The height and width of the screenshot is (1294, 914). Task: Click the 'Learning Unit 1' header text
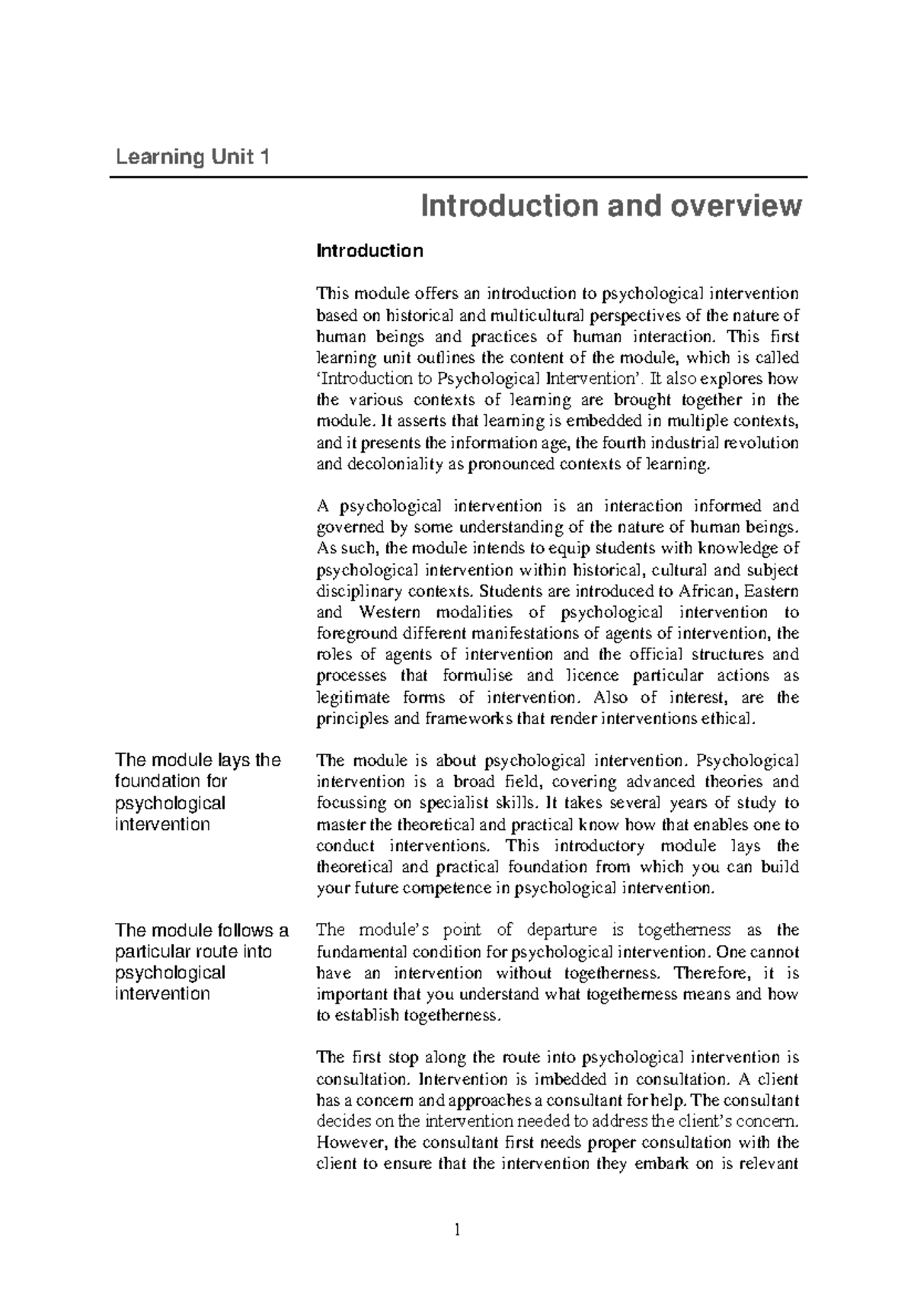192,158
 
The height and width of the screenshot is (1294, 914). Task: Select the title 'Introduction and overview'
612,206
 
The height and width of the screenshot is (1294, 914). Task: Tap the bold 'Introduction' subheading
369,251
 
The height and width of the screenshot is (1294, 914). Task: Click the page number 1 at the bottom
458,1230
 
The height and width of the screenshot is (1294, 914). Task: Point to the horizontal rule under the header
458,177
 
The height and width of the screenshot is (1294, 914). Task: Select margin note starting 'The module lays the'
197,792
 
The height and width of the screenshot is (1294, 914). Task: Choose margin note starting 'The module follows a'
201,962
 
